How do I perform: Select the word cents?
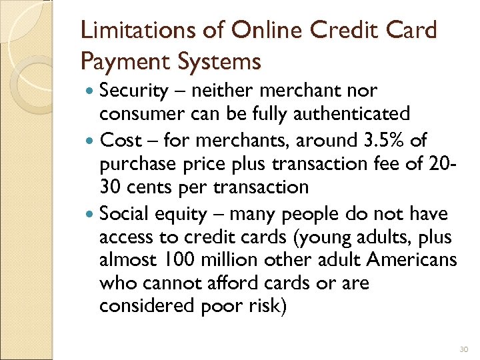(155, 187)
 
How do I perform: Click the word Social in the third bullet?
(124, 215)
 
